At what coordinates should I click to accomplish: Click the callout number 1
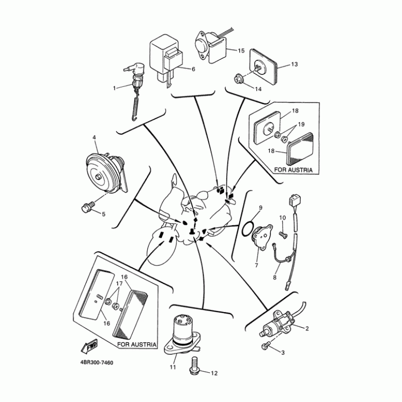(114, 88)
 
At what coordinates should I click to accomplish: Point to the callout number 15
(241, 51)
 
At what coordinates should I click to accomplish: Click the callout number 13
(294, 65)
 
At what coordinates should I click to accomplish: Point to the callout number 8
(275, 277)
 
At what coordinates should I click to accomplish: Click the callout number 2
(307, 329)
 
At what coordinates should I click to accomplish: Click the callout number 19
(301, 124)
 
